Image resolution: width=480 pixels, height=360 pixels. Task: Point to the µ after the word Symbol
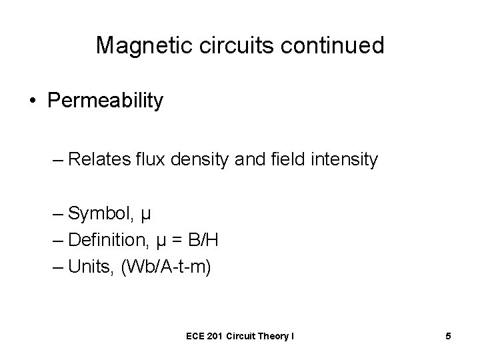(x=147, y=216)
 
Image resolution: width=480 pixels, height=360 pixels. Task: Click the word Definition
(x=105, y=239)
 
